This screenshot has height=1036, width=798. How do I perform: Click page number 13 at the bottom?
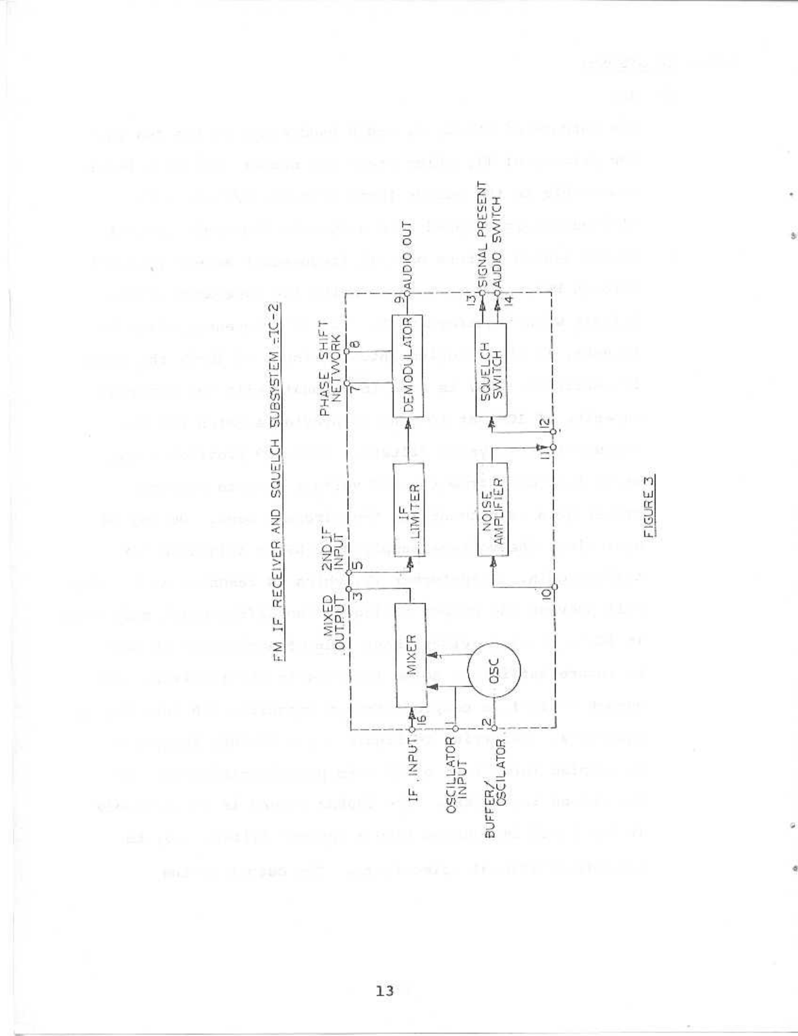385,990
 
